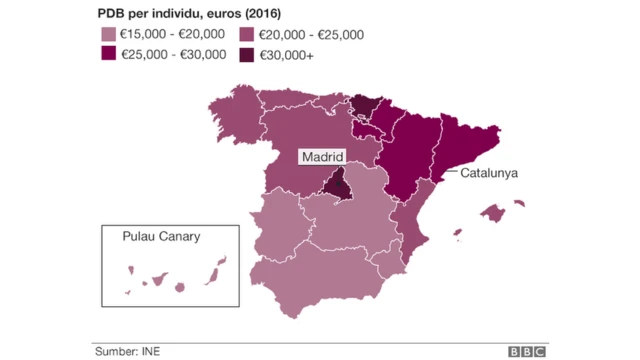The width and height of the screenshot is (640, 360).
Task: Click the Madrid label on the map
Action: point(323,157)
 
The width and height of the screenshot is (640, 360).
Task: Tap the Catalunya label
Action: point(488,172)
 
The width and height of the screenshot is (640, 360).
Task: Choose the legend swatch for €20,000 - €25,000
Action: point(246,35)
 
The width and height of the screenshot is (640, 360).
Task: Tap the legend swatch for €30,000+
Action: point(246,55)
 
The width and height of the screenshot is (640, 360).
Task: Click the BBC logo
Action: point(527,350)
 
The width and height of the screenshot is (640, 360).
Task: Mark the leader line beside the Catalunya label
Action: point(447,171)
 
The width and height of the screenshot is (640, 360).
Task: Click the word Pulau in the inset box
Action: point(139,237)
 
